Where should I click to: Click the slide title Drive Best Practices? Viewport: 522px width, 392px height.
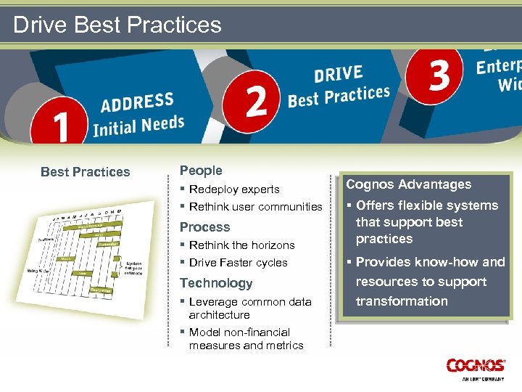[117, 25]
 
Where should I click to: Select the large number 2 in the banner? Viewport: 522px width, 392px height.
[256, 101]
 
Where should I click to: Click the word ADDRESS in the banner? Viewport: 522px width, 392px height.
[137, 102]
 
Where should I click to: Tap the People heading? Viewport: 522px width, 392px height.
[201, 171]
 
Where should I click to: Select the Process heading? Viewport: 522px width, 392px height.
[204, 227]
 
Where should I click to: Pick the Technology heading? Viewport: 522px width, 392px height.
[216, 283]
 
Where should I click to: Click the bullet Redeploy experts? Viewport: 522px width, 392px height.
[233, 189]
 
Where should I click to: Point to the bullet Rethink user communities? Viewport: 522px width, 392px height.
[255, 207]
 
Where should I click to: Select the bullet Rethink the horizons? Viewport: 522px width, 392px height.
[241, 245]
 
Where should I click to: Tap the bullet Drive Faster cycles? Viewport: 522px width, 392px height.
[238, 263]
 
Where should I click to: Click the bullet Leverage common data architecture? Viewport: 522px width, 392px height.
[249, 308]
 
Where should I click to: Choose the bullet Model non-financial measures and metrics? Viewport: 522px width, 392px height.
[246, 338]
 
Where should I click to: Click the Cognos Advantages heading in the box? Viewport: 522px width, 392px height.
[408, 184]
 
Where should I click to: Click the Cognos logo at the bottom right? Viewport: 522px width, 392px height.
[476, 366]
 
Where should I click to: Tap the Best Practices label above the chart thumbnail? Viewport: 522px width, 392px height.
[86, 172]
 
